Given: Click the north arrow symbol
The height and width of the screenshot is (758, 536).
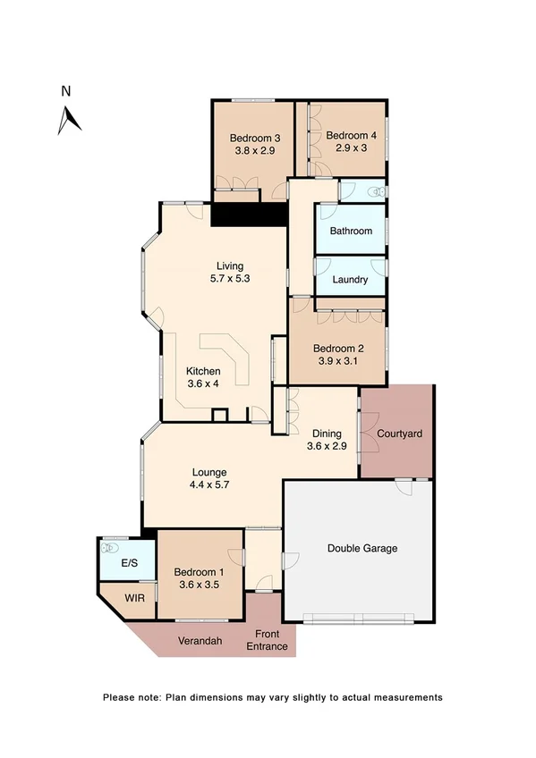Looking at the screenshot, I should click(x=69, y=120).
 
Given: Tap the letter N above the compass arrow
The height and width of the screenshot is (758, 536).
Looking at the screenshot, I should click(x=65, y=90).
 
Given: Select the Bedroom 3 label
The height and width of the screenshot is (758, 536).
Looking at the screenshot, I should click(x=255, y=138).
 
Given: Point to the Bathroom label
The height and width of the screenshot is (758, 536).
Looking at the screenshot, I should click(x=351, y=231).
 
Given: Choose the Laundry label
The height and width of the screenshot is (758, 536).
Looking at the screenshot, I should click(x=350, y=279).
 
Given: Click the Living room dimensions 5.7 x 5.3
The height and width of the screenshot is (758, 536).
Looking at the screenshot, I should click(x=230, y=278).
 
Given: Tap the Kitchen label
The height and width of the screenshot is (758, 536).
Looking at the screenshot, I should click(x=203, y=371).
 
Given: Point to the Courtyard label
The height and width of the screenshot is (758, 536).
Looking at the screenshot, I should click(x=399, y=434).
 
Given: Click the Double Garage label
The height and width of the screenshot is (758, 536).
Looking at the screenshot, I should click(x=362, y=548).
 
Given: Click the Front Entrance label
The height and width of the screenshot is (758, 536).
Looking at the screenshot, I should click(x=268, y=639).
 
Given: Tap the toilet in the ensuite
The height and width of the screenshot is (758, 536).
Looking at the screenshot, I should click(x=111, y=546).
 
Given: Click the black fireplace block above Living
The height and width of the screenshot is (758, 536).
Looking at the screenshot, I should click(x=249, y=215).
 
